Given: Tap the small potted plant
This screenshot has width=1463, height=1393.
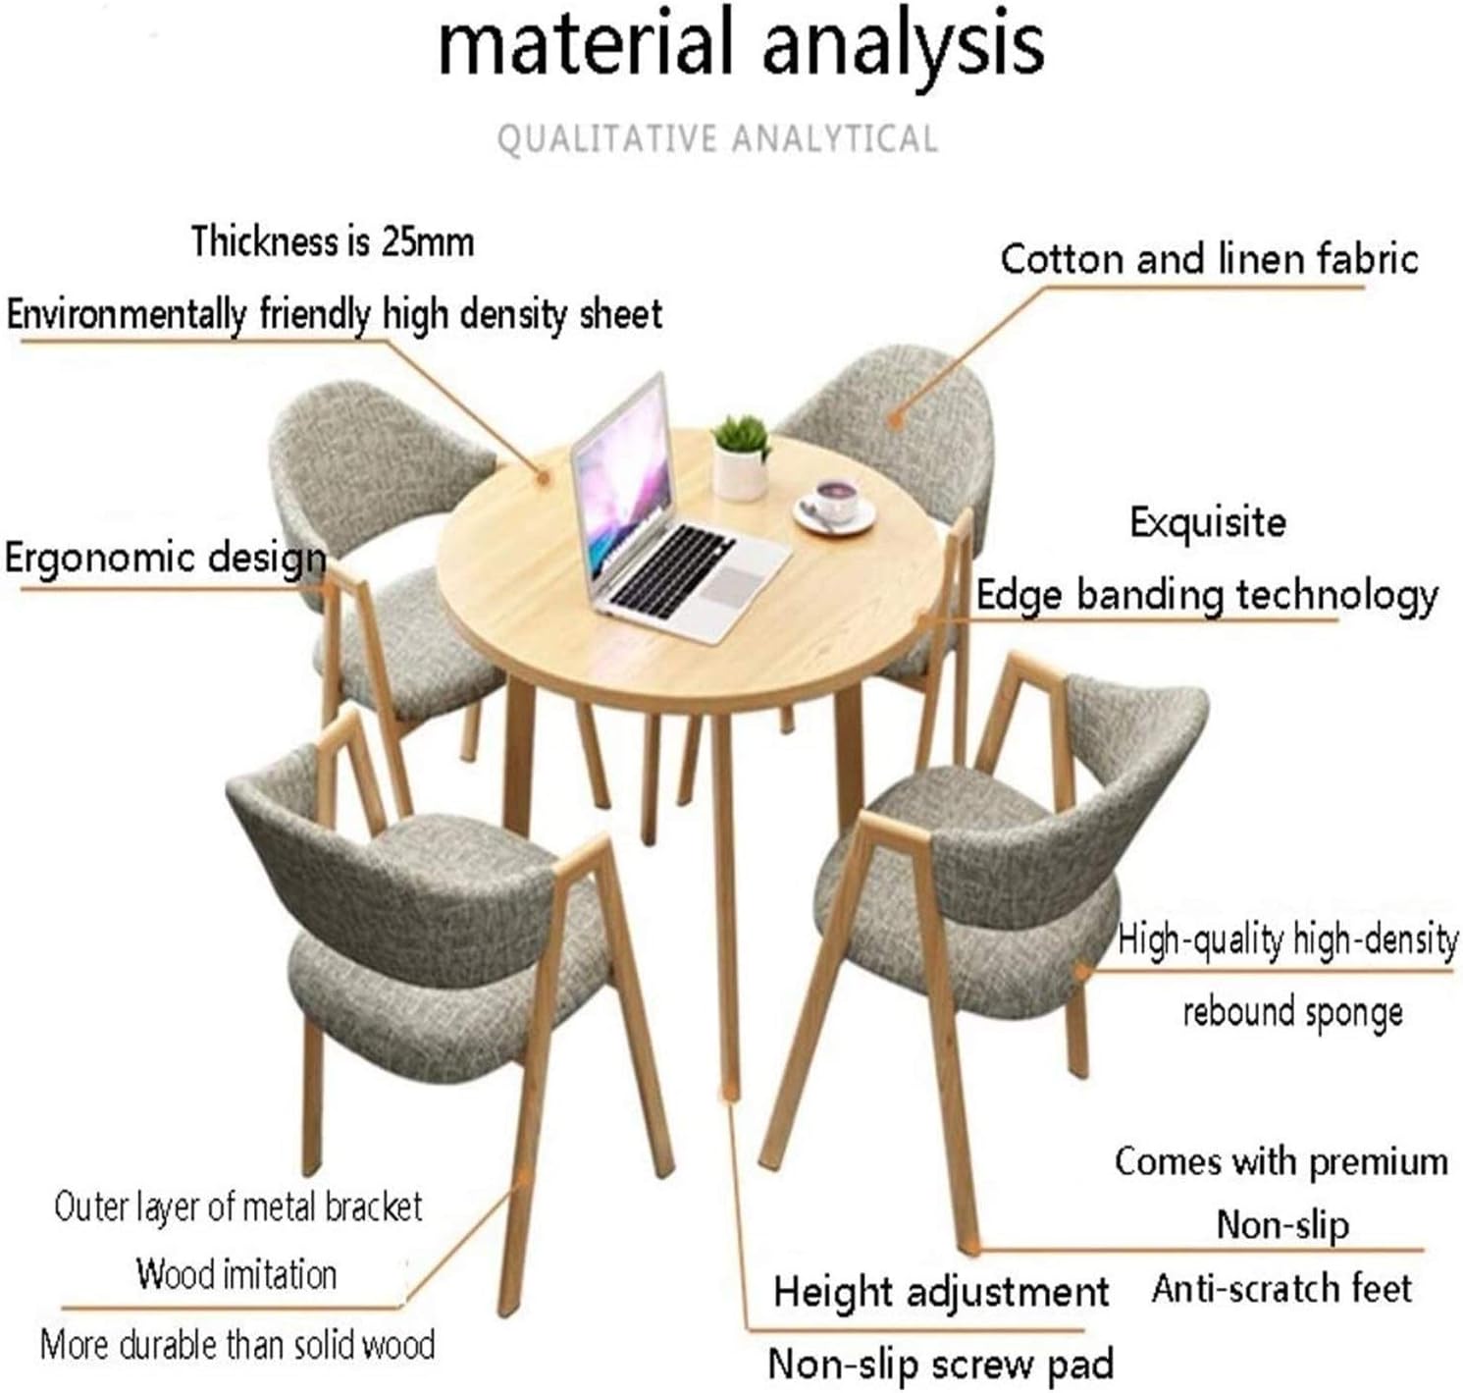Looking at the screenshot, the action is (x=741, y=457).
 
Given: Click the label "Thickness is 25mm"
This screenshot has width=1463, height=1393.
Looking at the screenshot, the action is (x=333, y=241).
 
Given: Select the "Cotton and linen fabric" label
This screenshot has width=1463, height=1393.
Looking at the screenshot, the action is (x=1209, y=260).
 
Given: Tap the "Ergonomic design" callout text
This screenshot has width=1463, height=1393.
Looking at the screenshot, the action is (x=165, y=559).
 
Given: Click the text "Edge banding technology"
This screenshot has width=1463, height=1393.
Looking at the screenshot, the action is (x=1207, y=596).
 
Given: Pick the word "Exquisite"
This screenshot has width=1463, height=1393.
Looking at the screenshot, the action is (x=1208, y=522).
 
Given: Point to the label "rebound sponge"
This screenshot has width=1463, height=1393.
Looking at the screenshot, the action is (x=1293, y=1012).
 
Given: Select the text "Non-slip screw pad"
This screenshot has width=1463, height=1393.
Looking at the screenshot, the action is (x=941, y=1364).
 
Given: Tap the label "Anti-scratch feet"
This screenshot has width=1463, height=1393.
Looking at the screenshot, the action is (x=1281, y=1288).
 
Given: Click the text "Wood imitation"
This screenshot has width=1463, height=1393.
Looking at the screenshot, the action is (x=236, y=1274).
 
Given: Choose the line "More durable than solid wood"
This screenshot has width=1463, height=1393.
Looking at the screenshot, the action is (x=237, y=1345).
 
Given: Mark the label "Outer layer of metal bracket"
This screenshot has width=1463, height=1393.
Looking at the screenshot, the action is (x=238, y=1206).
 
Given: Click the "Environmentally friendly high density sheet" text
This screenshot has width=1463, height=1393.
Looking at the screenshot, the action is (x=335, y=314).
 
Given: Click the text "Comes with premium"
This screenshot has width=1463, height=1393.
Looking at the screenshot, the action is (x=1281, y=1161).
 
